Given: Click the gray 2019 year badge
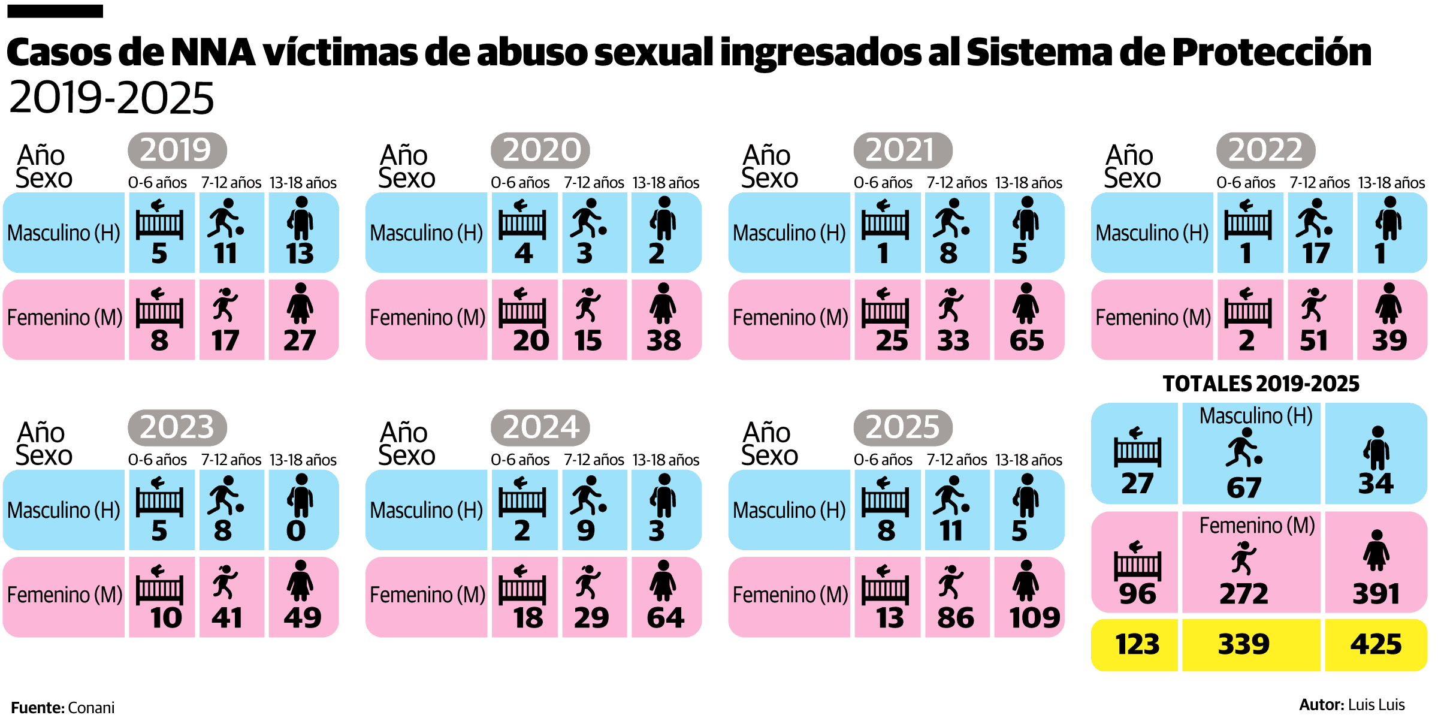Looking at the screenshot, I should coord(177,150).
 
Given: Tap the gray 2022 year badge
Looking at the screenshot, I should coord(1265,150).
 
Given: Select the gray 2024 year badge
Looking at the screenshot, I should coord(540,427).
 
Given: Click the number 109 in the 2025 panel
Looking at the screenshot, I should coord(1034,618).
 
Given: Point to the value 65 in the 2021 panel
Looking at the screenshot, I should coord(1026,340).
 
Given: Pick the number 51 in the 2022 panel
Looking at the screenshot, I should coord(1313,340).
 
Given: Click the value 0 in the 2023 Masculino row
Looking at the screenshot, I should coord(296,530).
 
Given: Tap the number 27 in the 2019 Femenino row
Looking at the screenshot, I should coord(300,340).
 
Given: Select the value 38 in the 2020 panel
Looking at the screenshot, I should coord(663,340).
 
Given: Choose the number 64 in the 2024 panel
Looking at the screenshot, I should coord(665,618).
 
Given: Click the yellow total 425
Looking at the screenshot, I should coord(1376,644).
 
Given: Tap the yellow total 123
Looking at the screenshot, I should coord(1137,644).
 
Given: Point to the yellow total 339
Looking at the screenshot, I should coord(1244,644).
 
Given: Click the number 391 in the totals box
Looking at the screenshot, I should coord(1376,594).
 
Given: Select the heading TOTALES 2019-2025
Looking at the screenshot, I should coord(1261,384).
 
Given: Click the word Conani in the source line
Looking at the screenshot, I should coord(91,708).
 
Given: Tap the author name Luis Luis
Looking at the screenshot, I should coord(1375,705).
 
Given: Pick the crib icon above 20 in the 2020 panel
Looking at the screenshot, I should coord(522,306).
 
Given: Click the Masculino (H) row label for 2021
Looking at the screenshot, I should coord(789,233).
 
